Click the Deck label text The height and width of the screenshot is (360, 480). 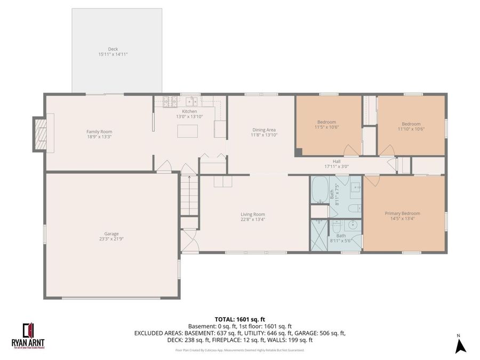click(x=113, y=49)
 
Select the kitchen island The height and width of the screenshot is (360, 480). click(x=187, y=131)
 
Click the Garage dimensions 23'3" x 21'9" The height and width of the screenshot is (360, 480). click(x=111, y=239)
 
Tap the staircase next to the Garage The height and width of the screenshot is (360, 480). click(x=189, y=195)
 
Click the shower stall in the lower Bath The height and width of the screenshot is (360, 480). click(x=319, y=235)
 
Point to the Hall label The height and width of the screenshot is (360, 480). click(x=337, y=161)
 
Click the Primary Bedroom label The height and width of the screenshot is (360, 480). click(x=402, y=213)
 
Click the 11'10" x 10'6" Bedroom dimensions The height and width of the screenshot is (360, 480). click(x=411, y=129)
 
